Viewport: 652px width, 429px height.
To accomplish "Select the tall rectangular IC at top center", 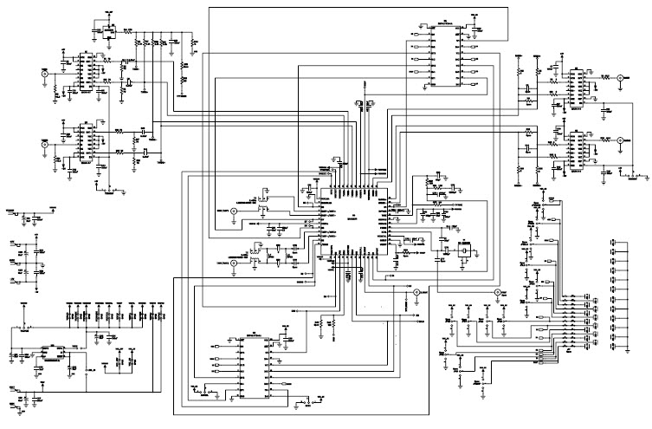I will [447, 54].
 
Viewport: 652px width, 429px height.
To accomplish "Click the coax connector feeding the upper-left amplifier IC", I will [44, 75].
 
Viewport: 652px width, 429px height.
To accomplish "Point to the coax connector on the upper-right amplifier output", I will [620, 78].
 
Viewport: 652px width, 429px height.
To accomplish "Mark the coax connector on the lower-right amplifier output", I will [620, 140].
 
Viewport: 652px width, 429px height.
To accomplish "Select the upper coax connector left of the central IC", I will [232, 223].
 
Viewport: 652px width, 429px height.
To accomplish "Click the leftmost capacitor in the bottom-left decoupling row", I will [69, 308].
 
